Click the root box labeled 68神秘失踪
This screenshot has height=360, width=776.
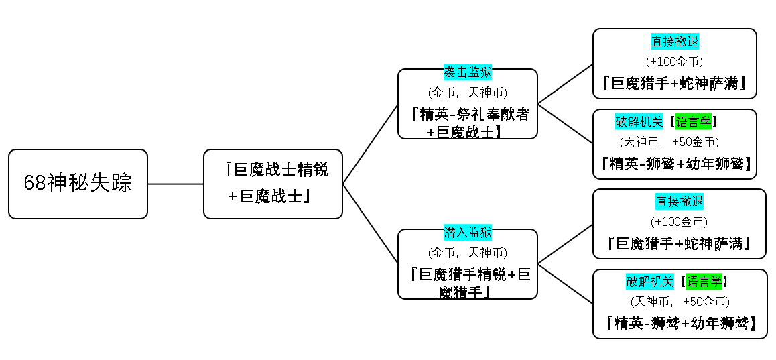[78, 184]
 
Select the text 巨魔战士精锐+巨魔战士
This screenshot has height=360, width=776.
[273, 183]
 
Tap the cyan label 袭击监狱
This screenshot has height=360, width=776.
[468, 72]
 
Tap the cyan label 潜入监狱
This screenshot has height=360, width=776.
[468, 232]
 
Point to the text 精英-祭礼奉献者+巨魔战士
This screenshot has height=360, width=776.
[468, 123]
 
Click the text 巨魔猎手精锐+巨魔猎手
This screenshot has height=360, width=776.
[468, 283]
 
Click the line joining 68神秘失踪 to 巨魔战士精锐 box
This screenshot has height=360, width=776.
[176, 184]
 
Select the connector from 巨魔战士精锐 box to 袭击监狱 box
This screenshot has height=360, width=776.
[371, 144]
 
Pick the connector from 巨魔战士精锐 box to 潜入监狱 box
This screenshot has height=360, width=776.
[371, 224]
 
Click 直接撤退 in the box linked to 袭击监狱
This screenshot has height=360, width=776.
[675, 41]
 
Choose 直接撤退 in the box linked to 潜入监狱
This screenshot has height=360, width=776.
[680, 202]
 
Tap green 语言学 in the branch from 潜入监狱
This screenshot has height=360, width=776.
[704, 282]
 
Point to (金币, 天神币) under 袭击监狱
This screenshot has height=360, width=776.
[468, 93]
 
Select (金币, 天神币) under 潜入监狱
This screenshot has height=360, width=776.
[468, 253]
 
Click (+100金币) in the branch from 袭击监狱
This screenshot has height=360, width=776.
[675, 62]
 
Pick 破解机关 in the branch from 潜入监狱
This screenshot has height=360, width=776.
[650, 282]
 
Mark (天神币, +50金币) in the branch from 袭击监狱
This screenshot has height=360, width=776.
[669, 142]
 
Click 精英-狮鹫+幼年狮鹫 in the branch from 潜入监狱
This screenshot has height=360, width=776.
[680, 323]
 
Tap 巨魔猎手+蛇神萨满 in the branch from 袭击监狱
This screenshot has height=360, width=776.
[675, 83]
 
